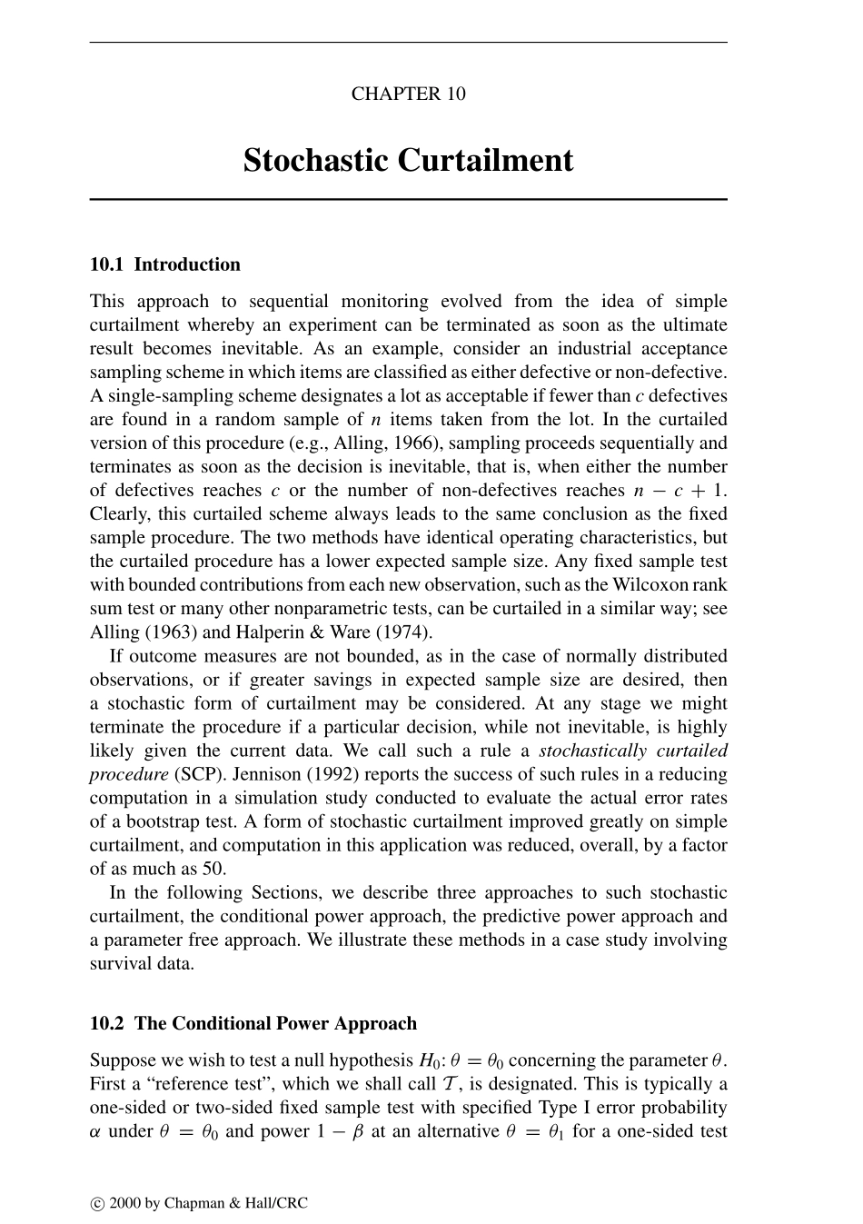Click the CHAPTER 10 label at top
coord(408,94)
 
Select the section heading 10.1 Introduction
coord(165,264)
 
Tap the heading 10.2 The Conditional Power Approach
coord(253,1023)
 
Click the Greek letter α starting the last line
coord(95,1131)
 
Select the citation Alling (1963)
coord(134,632)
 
